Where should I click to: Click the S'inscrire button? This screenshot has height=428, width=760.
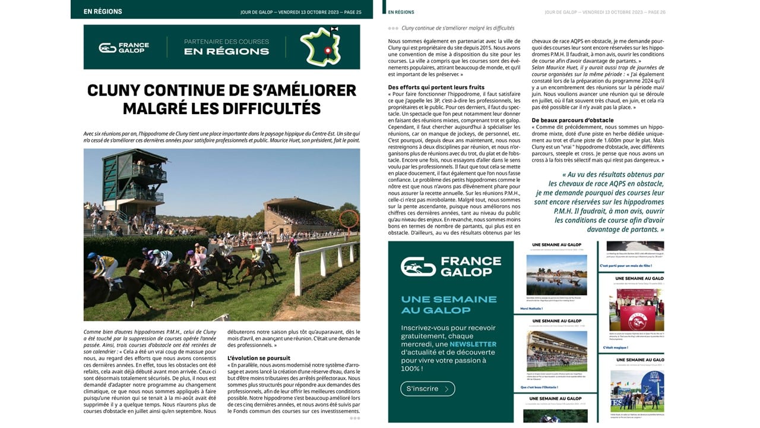pyautogui.click(x=427, y=389)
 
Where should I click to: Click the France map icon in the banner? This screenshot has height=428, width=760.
pyautogui.click(x=324, y=46)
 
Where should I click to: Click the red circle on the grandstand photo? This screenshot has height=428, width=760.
pyautogui.click(x=349, y=219)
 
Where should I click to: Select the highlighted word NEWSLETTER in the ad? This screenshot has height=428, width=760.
pyautogui.click(x=473, y=344)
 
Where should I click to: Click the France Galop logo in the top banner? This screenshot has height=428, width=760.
pyautogui.click(x=124, y=47)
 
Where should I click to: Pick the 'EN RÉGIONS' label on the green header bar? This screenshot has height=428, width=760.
pyautogui.click(x=103, y=11)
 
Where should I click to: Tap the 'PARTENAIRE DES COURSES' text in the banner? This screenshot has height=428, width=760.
pyautogui.click(x=226, y=42)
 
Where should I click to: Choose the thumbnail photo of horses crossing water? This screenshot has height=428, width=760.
pyautogui.click(x=556, y=275)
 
